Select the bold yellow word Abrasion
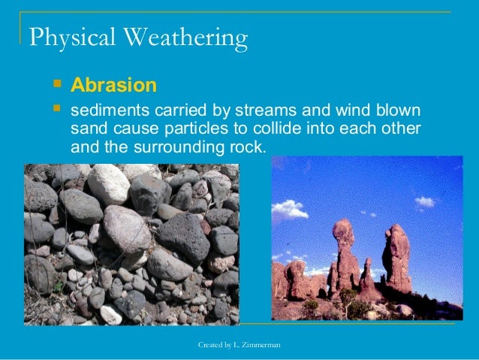113,84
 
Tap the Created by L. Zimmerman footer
239,344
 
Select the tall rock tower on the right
396,259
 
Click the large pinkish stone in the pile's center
126,228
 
